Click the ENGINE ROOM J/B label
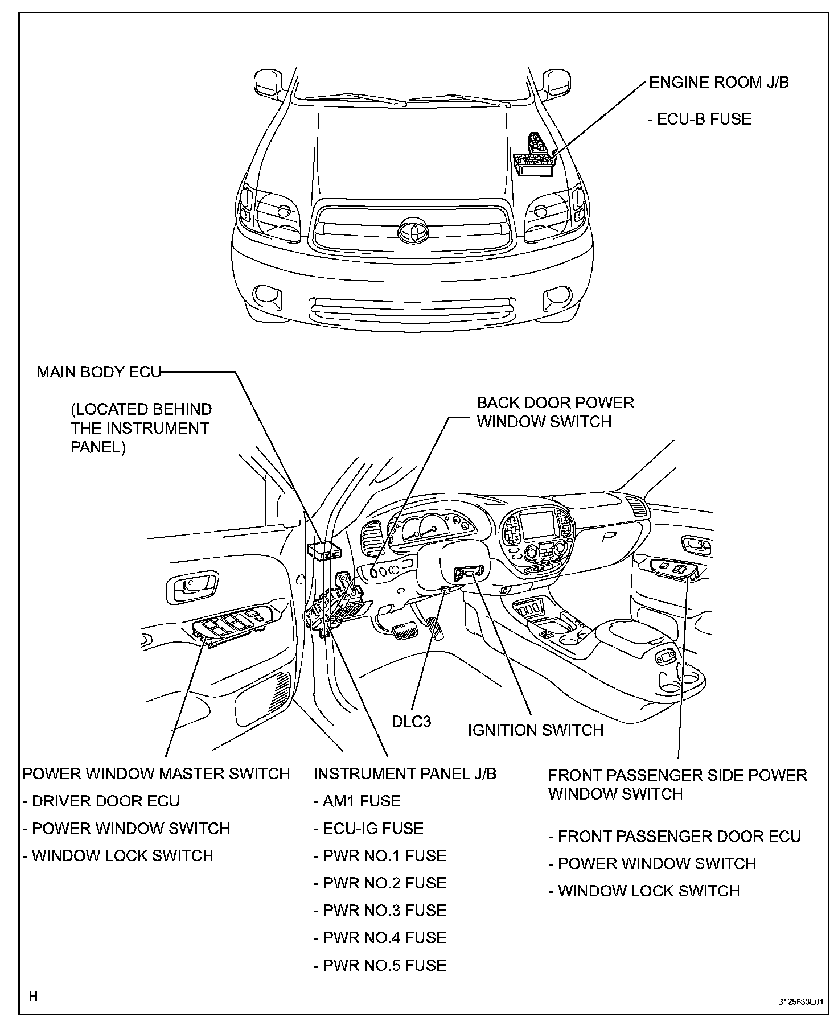(718, 83)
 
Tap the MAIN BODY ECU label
(98, 372)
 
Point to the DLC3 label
(411, 721)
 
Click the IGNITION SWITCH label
(535, 730)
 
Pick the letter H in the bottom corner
(33, 996)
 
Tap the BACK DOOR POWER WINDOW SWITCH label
(554, 412)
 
